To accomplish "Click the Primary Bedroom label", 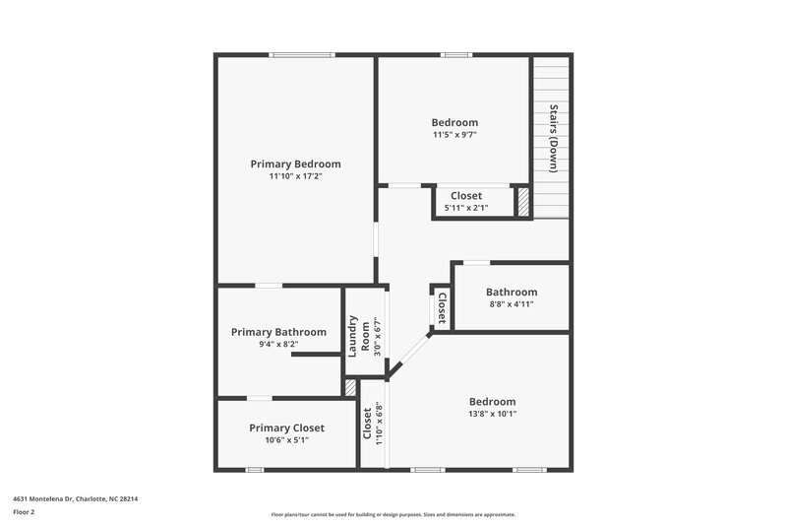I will point(295,164).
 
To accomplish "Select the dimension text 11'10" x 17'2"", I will point(295,176).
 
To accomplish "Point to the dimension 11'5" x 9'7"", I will point(454,135).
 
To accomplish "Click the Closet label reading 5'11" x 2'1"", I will point(466,208).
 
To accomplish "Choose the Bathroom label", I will point(512,292).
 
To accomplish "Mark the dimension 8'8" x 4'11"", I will point(512,304).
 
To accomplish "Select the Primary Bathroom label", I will point(278,332).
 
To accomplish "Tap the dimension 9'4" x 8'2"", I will point(278,345).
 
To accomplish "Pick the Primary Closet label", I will point(286,427).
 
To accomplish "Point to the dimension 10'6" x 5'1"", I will point(286,440).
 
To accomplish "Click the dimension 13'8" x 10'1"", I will point(492,414).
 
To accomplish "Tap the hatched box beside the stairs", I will point(523,202).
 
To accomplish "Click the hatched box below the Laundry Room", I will point(349,388).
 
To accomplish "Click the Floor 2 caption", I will point(25,512).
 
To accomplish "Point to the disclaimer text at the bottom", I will point(393,514).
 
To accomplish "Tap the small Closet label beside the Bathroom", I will point(442,306).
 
